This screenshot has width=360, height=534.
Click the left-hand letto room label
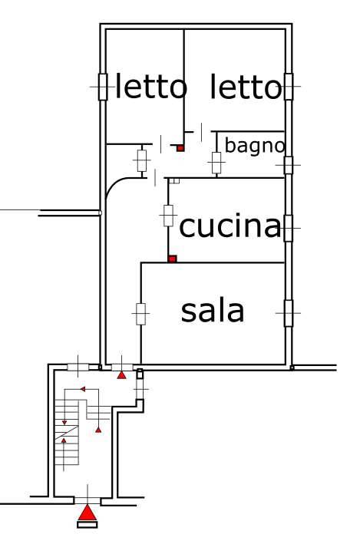151,86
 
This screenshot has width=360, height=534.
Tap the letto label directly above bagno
246,87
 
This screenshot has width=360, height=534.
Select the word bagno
254,147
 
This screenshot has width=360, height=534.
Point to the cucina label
230,226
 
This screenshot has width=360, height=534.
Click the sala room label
212,311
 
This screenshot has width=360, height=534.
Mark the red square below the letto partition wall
180,148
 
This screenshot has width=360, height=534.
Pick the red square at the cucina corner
173,259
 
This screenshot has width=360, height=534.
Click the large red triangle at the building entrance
88,513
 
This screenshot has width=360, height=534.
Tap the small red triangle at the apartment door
121,375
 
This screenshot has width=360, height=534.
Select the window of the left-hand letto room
103,87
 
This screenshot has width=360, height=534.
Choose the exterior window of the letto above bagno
289,87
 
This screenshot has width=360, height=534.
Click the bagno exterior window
289,165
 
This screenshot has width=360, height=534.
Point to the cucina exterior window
288,228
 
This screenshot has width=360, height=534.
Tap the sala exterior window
288,313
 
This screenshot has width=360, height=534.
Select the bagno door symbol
216,163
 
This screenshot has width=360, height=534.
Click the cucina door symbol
168,216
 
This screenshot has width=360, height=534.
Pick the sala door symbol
140,314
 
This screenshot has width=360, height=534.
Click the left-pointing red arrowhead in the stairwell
83,389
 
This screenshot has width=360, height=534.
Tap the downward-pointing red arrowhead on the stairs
64,423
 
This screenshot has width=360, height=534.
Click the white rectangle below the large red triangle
88,525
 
